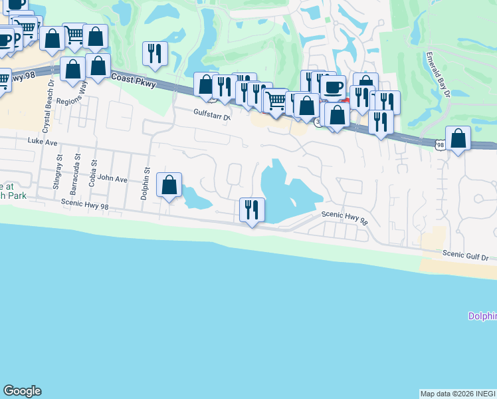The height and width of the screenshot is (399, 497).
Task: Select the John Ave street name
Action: coord(112,179)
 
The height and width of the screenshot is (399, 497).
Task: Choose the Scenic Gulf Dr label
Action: coord(465,256)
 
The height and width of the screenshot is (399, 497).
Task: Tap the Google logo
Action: coord(23,391)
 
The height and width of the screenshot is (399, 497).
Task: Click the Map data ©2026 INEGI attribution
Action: coord(458,394)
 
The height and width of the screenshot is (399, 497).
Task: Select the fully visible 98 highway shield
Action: coord(441,144)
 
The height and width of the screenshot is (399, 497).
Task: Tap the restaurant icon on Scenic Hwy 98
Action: coord(252,210)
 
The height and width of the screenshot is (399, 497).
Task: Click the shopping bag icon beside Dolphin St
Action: coord(169,184)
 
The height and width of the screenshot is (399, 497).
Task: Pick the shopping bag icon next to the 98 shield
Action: coord(458,138)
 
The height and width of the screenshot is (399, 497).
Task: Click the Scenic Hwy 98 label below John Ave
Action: coord(84,205)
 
